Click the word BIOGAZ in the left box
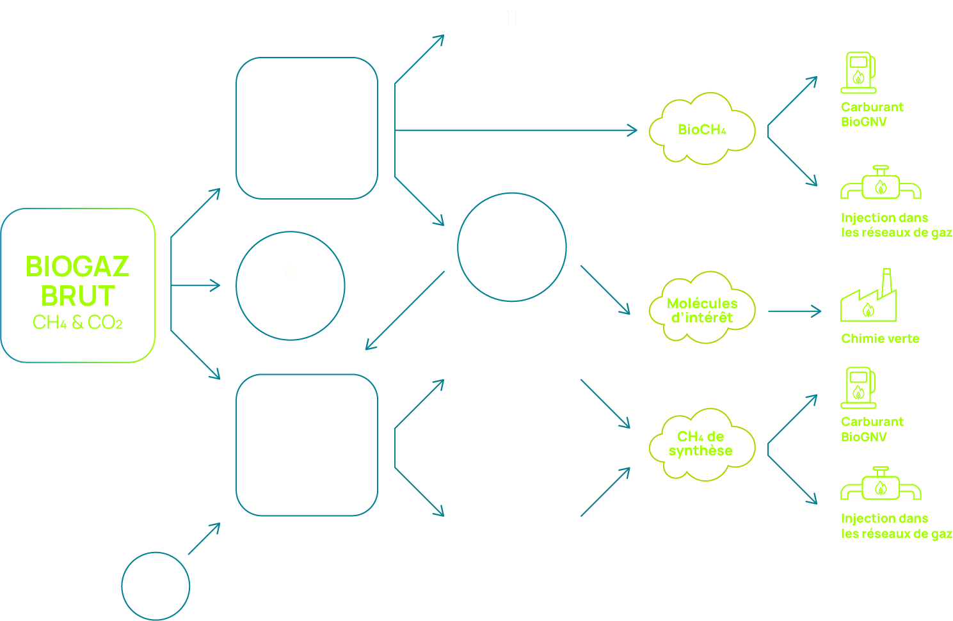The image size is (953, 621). tap(77, 267)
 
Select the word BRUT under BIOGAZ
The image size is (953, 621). tap(77, 296)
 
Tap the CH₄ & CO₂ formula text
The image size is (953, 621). tap(77, 322)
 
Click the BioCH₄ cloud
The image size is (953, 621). tap(701, 129)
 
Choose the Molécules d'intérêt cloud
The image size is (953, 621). tap(701, 310)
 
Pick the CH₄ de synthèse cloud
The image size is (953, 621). tap(701, 444)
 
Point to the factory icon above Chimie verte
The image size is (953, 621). tap(869, 301)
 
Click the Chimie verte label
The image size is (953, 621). tap(880, 338)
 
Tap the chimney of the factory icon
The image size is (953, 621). tap(886, 281)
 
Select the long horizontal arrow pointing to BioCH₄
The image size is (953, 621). tap(515, 130)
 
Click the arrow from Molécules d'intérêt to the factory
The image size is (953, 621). tap(794, 311)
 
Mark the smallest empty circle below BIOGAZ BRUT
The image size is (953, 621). tap(156, 586)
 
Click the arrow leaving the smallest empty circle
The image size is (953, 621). tap(204, 538)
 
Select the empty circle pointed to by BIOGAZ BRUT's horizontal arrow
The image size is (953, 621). tap(291, 285)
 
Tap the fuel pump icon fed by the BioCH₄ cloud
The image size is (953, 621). tap(858, 72)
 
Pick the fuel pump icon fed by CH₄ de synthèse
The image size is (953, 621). tap(858, 388)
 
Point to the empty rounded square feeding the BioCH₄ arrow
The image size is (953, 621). tap(307, 128)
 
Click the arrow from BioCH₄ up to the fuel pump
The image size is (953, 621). tap(792, 101)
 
